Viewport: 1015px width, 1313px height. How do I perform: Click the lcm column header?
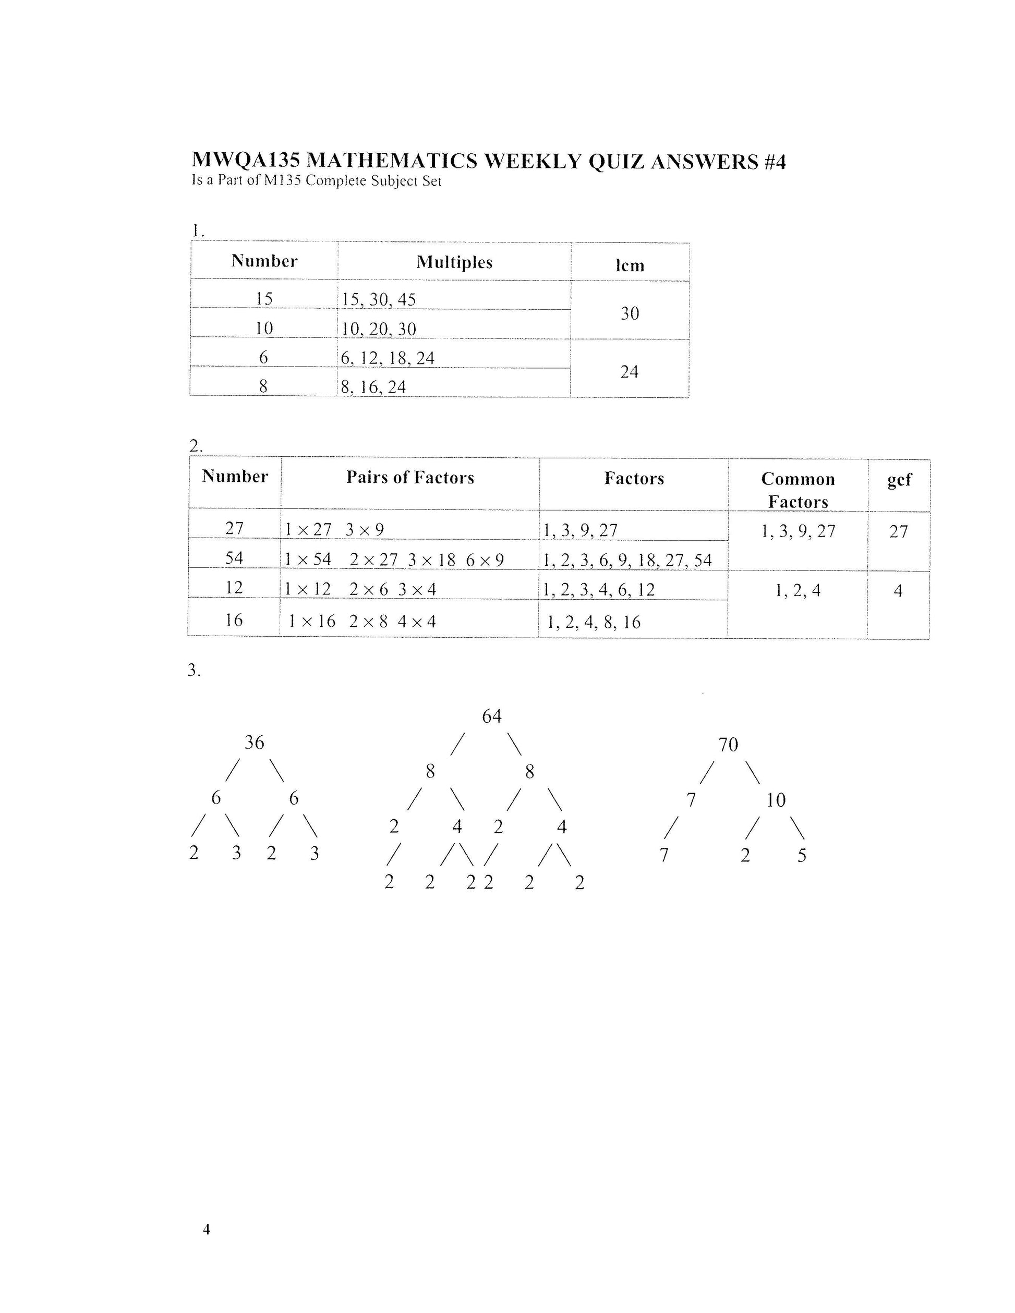coord(630,265)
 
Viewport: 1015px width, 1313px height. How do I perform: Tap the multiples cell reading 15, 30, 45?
coord(379,299)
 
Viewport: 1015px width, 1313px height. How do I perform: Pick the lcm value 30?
coord(630,313)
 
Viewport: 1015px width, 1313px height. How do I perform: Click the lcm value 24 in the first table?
coord(629,372)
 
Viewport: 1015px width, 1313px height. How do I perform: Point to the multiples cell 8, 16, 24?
coord(373,387)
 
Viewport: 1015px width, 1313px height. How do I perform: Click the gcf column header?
coord(899,480)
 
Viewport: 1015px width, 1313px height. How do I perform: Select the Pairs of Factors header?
coord(410,478)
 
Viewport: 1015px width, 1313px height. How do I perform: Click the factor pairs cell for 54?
coord(394,560)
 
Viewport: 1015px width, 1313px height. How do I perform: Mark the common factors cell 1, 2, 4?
coord(797,591)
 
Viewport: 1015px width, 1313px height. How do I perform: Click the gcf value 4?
coord(898,591)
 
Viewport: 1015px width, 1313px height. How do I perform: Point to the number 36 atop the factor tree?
coord(253,743)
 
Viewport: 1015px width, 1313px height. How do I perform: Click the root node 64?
coord(491,716)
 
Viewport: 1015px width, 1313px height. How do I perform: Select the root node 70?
coord(728,745)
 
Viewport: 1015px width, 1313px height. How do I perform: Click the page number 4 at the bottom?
coord(206,1230)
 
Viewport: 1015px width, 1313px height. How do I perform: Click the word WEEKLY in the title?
coord(533,162)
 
